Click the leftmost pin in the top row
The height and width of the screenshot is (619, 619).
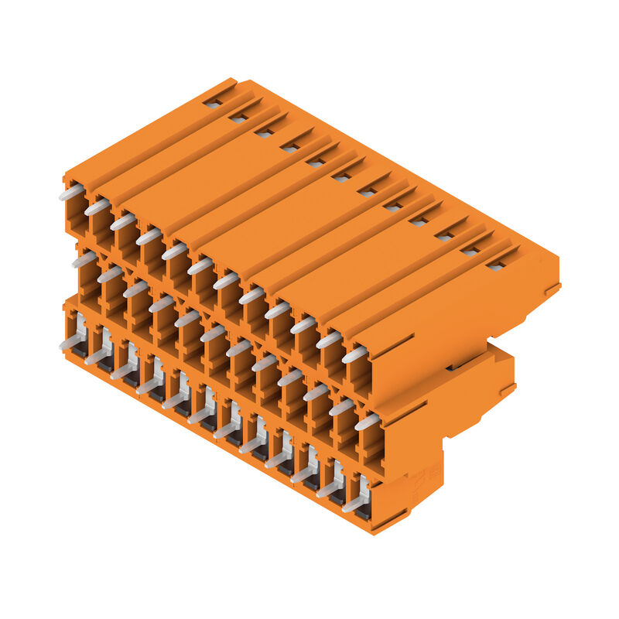tap(71, 191)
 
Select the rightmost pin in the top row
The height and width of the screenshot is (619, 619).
tap(355, 354)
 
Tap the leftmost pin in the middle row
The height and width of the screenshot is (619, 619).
tap(84, 259)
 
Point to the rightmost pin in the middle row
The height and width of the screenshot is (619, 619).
tap(367, 422)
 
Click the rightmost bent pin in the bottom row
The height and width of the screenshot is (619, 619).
tap(356, 502)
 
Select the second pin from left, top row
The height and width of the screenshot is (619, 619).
tap(97, 207)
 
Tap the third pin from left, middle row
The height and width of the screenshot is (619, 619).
tap(135, 289)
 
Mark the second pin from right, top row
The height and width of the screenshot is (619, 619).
tap(329, 340)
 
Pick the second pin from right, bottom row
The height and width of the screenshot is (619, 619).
tap(330, 487)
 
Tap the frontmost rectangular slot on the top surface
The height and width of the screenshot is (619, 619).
tap(496, 265)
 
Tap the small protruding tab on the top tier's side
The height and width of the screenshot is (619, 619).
tap(552, 289)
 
